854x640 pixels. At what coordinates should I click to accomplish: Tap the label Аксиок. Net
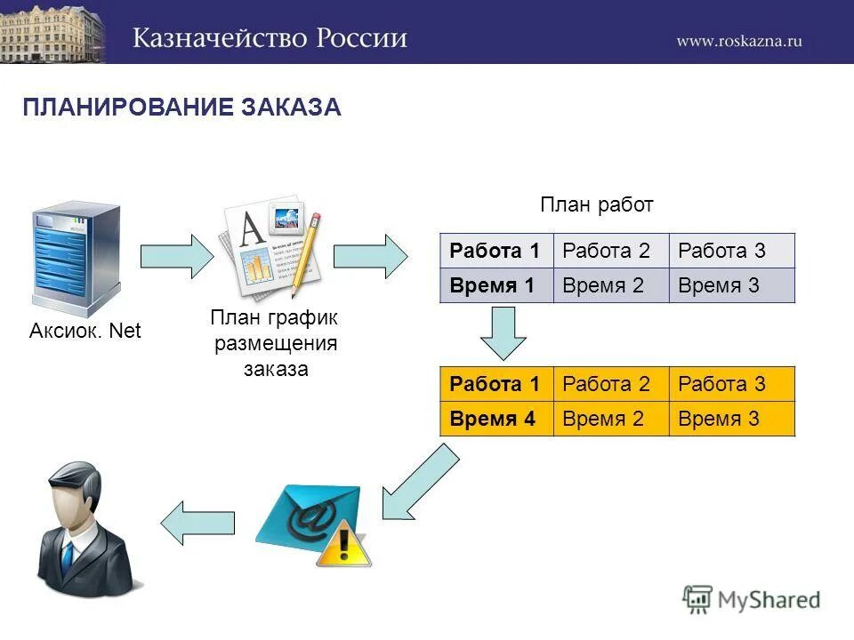pos(85,332)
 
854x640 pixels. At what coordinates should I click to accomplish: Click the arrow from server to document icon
pos(177,257)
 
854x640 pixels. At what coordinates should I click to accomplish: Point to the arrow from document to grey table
pos(370,257)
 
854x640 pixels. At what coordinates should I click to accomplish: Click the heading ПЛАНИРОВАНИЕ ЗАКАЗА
pos(181,108)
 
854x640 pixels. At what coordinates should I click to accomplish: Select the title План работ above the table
pos(597,205)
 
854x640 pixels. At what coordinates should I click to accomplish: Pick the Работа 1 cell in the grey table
pos(495,251)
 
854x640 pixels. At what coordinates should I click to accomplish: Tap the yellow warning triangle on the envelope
pos(342,545)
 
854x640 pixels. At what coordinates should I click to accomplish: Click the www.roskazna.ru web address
pos(738,41)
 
